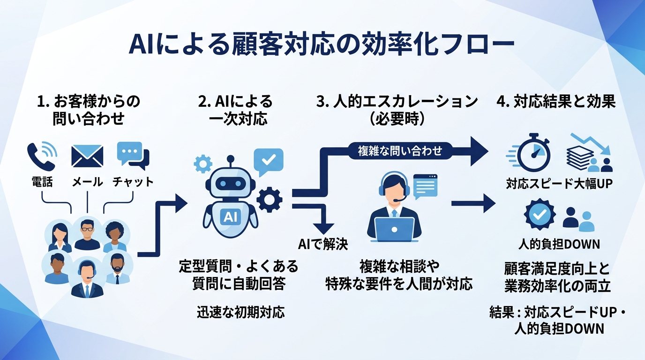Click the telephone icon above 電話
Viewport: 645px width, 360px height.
point(41,157)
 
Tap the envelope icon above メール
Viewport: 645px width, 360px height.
point(87,156)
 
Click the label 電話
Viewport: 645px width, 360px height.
point(42,182)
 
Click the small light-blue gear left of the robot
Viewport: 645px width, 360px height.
point(202,164)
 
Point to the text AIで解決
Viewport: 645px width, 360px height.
point(323,244)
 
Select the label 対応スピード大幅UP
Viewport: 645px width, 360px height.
point(559,184)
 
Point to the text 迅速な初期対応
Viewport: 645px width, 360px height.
point(240,313)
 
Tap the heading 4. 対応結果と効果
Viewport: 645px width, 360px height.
point(555,102)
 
